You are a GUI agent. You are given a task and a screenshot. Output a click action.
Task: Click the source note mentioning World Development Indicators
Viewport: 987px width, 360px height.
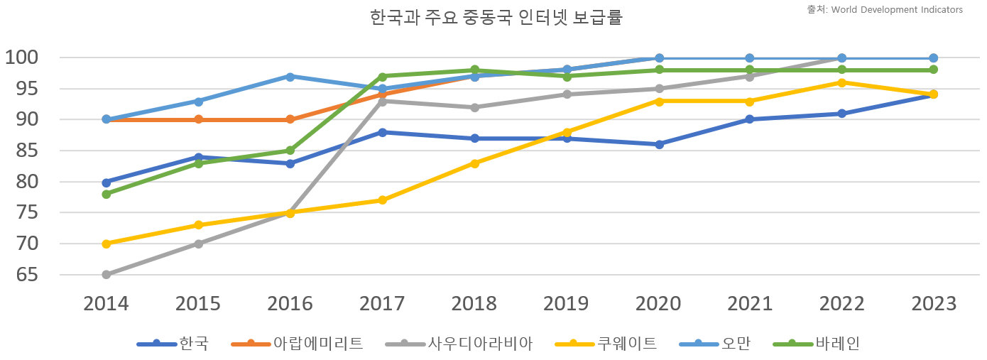[x=885, y=10]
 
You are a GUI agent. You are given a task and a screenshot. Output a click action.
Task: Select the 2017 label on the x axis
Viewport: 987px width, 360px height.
[x=382, y=304]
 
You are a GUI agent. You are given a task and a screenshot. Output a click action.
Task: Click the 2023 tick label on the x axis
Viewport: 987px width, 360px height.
[x=934, y=304]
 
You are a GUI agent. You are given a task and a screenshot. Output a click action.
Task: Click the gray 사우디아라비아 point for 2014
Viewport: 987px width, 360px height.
[x=107, y=275]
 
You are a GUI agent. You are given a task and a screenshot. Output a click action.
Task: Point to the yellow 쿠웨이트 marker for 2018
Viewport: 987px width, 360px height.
[x=474, y=163]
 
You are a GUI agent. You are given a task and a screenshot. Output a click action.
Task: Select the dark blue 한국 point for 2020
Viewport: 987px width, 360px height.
[x=659, y=144]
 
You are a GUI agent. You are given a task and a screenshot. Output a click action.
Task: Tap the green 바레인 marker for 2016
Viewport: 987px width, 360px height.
[x=290, y=151]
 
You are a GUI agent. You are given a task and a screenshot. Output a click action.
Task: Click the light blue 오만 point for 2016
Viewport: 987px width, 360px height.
[x=290, y=76]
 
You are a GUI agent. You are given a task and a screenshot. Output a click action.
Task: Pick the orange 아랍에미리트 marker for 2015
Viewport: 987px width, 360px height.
[x=198, y=119]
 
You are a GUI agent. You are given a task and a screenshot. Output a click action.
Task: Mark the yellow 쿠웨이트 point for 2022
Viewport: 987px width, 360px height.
[x=842, y=82]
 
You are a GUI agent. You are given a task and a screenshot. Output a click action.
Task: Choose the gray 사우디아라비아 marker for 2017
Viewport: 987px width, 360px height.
[x=382, y=102]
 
